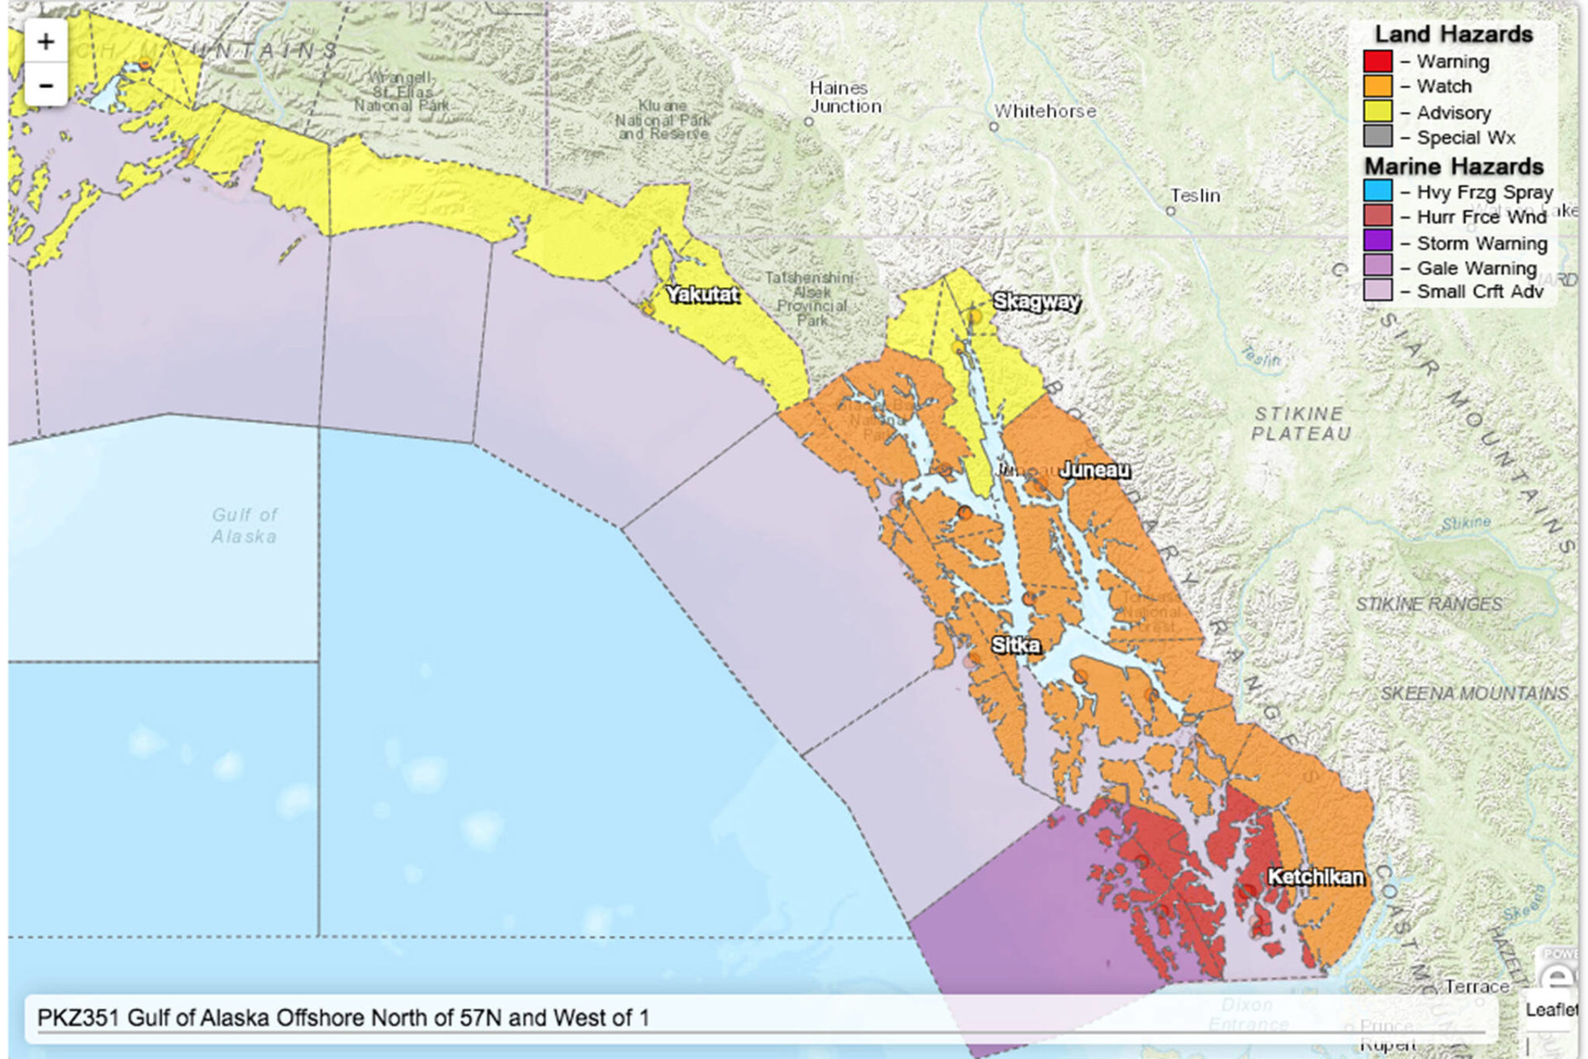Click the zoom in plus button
(x=45, y=41)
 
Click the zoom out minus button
(x=45, y=85)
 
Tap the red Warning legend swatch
(x=1378, y=61)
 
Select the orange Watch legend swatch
(x=1378, y=86)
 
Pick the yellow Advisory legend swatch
(x=1378, y=112)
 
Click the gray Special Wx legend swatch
(x=1378, y=137)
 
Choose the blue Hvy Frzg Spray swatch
(x=1378, y=192)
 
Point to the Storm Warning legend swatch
(x=1378, y=242)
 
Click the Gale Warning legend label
(x=1476, y=268)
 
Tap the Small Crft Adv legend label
(x=1480, y=291)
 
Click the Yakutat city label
(x=702, y=295)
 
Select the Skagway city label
(x=1036, y=301)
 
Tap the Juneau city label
(x=1094, y=470)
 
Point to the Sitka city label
(x=1016, y=645)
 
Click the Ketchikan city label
(x=1315, y=877)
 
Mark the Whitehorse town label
(x=1045, y=111)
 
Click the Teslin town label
(x=1195, y=196)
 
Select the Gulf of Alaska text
(x=244, y=525)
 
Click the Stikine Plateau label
(x=1300, y=423)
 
